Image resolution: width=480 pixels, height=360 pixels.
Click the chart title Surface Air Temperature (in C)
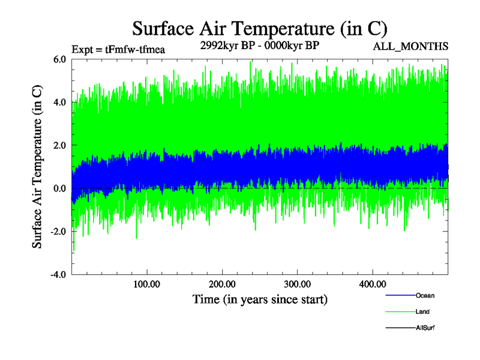click(x=260, y=28)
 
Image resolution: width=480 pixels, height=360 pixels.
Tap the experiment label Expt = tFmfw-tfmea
click(x=118, y=49)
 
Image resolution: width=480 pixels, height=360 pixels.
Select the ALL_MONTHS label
click(x=411, y=46)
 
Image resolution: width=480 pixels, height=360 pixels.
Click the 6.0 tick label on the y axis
click(x=59, y=59)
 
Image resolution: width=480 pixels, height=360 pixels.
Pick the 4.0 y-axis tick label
click(x=59, y=102)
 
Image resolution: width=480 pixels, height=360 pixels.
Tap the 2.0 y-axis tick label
click(x=59, y=145)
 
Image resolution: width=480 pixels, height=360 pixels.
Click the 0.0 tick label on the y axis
click(x=59, y=188)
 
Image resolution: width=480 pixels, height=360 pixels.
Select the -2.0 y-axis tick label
click(x=58, y=232)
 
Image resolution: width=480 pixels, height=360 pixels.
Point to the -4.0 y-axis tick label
click(x=58, y=275)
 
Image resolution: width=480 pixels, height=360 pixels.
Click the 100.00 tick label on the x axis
click(x=147, y=283)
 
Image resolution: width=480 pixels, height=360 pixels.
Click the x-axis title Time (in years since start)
click(x=260, y=299)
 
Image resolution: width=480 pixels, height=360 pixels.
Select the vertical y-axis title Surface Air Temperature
click(x=37, y=167)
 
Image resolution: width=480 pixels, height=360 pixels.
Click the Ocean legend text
click(x=425, y=296)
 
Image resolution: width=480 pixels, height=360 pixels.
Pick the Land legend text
click(x=422, y=312)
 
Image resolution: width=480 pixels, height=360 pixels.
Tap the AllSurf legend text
click(x=425, y=328)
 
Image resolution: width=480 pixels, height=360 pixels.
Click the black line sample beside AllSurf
click(x=400, y=328)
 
